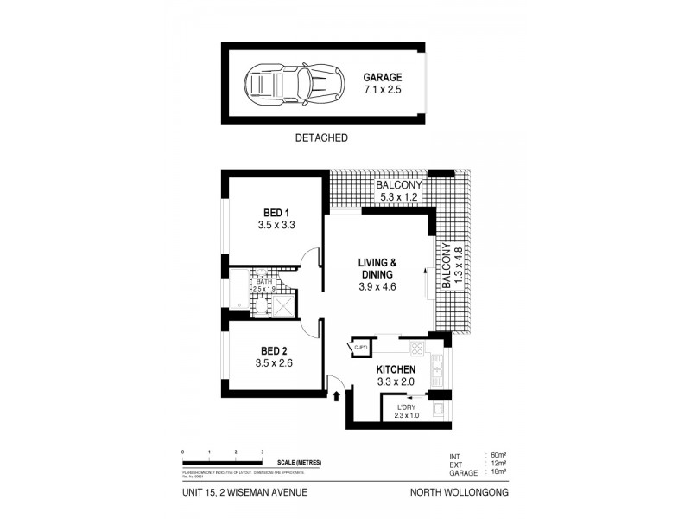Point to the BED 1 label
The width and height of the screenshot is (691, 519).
(x=276, y=213)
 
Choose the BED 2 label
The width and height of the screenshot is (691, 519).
(x=276, y=350)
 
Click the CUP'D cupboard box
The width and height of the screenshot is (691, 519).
(x=361, y=348)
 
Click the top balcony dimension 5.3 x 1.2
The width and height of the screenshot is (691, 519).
(x=398, y=197)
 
